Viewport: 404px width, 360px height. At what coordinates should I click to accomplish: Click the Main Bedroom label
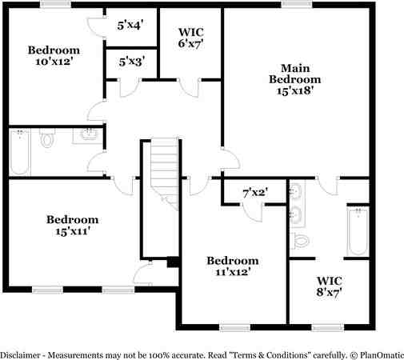pyautogui.click(x=294, y=74)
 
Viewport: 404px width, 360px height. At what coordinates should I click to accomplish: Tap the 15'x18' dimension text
pyautogui.click(x=294, y=91)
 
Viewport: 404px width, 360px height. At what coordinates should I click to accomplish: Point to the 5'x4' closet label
pyautogui.click(x=130, y=26)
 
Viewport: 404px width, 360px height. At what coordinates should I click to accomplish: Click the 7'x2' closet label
pyautogui.click(x=254, y=193)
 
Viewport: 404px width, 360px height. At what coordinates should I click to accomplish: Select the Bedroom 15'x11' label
pyautogui.click(x=72, y=226)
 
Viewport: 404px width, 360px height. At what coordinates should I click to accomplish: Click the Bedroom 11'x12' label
pyautogui.click(x=233, y=266)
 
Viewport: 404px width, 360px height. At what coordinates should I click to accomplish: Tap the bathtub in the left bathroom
pyautogui.click(x=20, y=151)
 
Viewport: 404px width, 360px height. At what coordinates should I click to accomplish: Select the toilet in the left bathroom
pyautogui.click(x=46, y=142)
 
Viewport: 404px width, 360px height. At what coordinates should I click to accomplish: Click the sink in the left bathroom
pyautogui.click(x=88, y=135)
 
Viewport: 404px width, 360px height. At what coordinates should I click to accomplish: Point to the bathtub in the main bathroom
pyautogui.click(x=358, y=232)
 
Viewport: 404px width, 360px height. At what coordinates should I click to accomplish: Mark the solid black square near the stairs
pyautogui.click(x=172, y=261)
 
